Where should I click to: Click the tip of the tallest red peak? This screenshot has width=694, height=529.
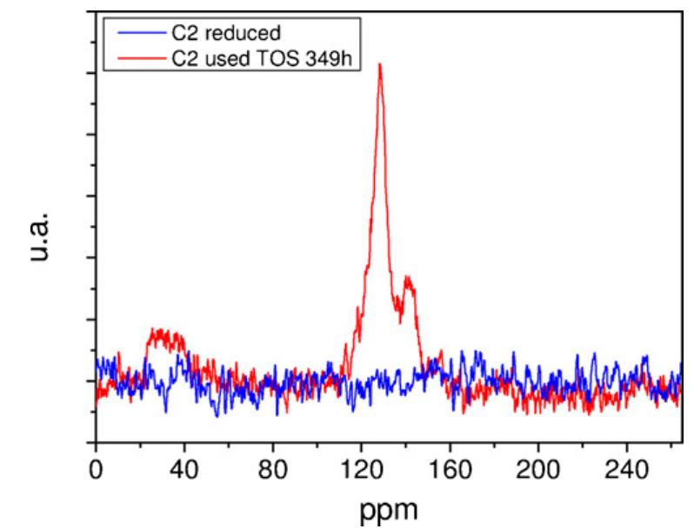pos(379,64)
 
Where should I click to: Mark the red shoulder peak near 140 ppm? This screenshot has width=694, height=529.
pos(406,279)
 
